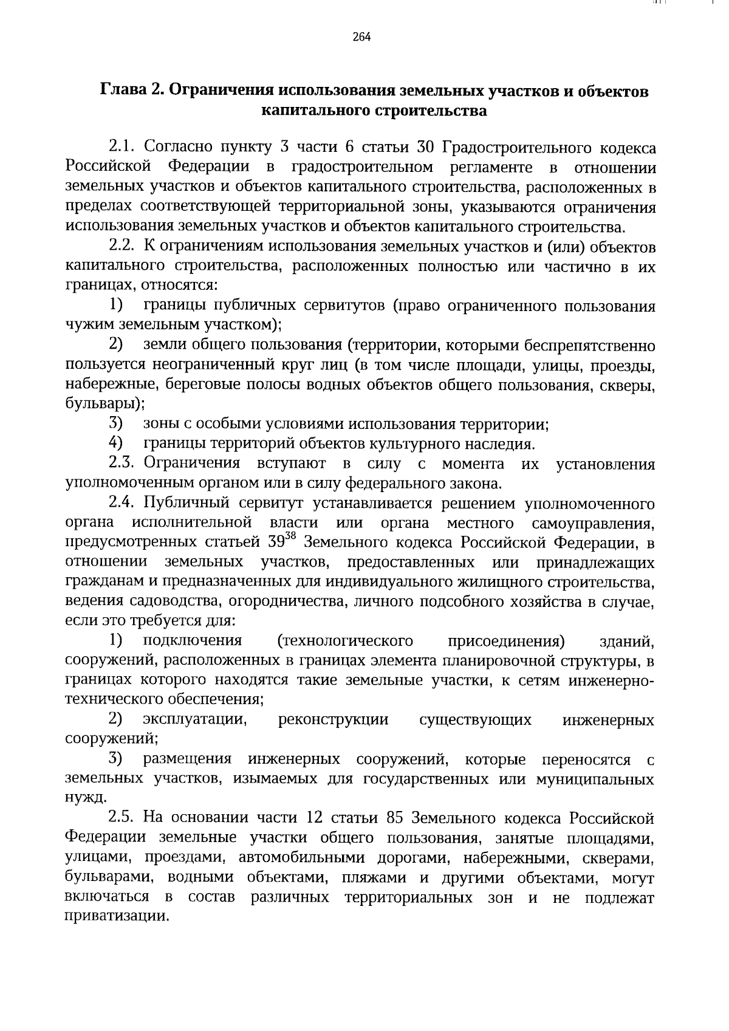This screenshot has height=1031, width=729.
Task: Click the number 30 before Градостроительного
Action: pos(423,147)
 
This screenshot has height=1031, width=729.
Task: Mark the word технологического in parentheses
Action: pos(345,641)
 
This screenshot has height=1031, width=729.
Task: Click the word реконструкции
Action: pos(333,720)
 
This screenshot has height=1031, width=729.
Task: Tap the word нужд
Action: pos(84,798)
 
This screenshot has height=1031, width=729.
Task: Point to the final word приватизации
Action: pos(115,917)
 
